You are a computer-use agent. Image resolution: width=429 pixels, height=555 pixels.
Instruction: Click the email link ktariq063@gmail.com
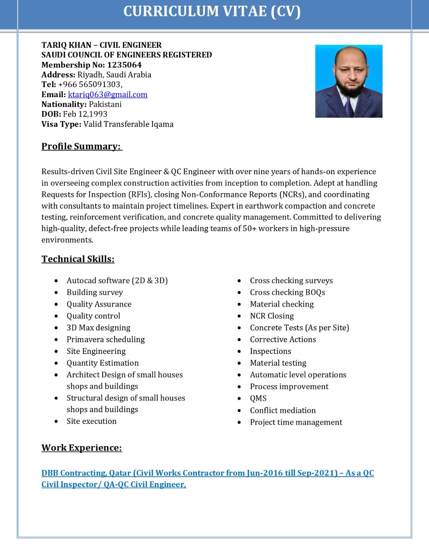click(x=108, y=95)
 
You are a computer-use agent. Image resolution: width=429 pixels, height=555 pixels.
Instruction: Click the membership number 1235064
click(x=124, y=65)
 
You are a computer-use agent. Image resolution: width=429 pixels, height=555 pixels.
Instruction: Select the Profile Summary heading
click(x=81, y=146)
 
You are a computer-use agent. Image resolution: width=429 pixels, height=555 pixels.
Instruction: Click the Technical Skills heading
click(x=78, y=259)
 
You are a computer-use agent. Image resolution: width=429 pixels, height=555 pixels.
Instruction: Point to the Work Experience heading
click(x=82, y=448)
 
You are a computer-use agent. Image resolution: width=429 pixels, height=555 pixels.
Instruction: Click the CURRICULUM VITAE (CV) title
click(x=212, y=11)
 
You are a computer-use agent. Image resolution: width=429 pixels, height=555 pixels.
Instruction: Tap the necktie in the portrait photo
click(x=349, y=106)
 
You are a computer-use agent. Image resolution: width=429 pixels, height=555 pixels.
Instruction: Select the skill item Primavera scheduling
click(x=106, y=339)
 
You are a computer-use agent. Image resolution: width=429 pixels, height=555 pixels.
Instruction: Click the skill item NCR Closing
click(x=272, y=316)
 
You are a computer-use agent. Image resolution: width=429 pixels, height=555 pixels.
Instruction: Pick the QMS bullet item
click(x=258, y=398)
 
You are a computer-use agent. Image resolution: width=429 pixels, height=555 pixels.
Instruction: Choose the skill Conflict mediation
click(x=283, y=410)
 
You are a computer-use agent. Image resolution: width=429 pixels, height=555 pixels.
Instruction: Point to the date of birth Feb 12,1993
click(x=85, y=114)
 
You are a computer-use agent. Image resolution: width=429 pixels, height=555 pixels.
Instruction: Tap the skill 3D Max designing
click(x=98, y=328)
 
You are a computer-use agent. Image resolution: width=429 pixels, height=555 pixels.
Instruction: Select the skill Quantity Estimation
click(x=103, y=363)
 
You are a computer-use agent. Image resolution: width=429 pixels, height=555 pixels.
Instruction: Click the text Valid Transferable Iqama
click(x=128, y=124)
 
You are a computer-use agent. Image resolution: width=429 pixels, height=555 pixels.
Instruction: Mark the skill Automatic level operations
click(x=298, y=375)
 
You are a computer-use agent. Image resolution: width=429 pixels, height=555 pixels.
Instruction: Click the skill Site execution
click(x=91, y=421)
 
